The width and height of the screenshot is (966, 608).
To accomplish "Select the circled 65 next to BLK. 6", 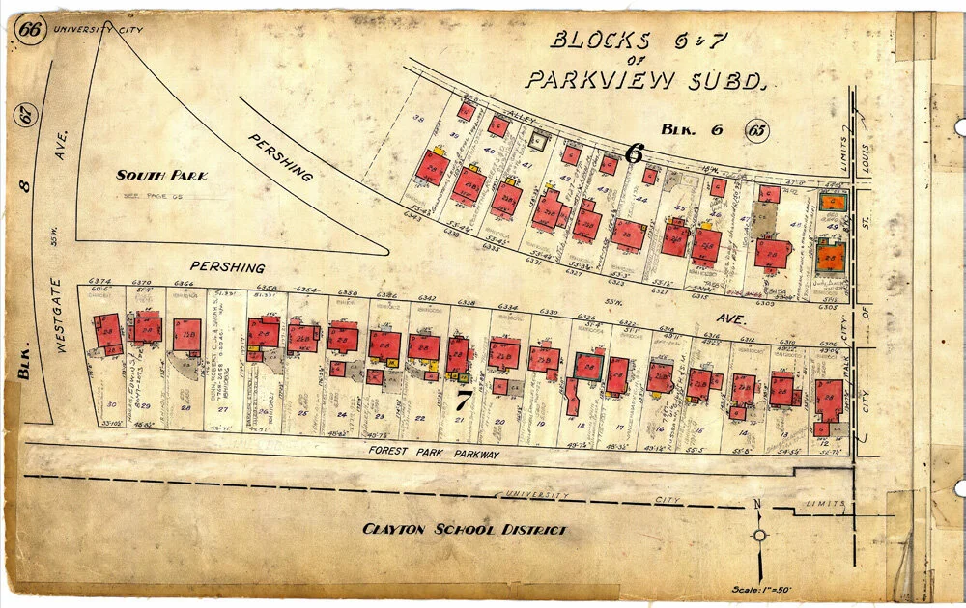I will coord(758,129).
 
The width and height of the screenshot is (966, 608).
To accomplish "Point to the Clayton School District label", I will coord(464,529).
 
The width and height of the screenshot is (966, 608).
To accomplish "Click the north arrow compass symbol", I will coord(760,535).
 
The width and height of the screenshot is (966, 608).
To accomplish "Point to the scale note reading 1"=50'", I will coord(766,590).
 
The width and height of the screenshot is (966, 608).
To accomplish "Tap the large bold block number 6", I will coord(634,152).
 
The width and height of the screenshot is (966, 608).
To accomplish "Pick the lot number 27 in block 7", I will coord(223,410).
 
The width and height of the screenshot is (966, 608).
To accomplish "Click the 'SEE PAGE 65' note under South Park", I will coord(152,195).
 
